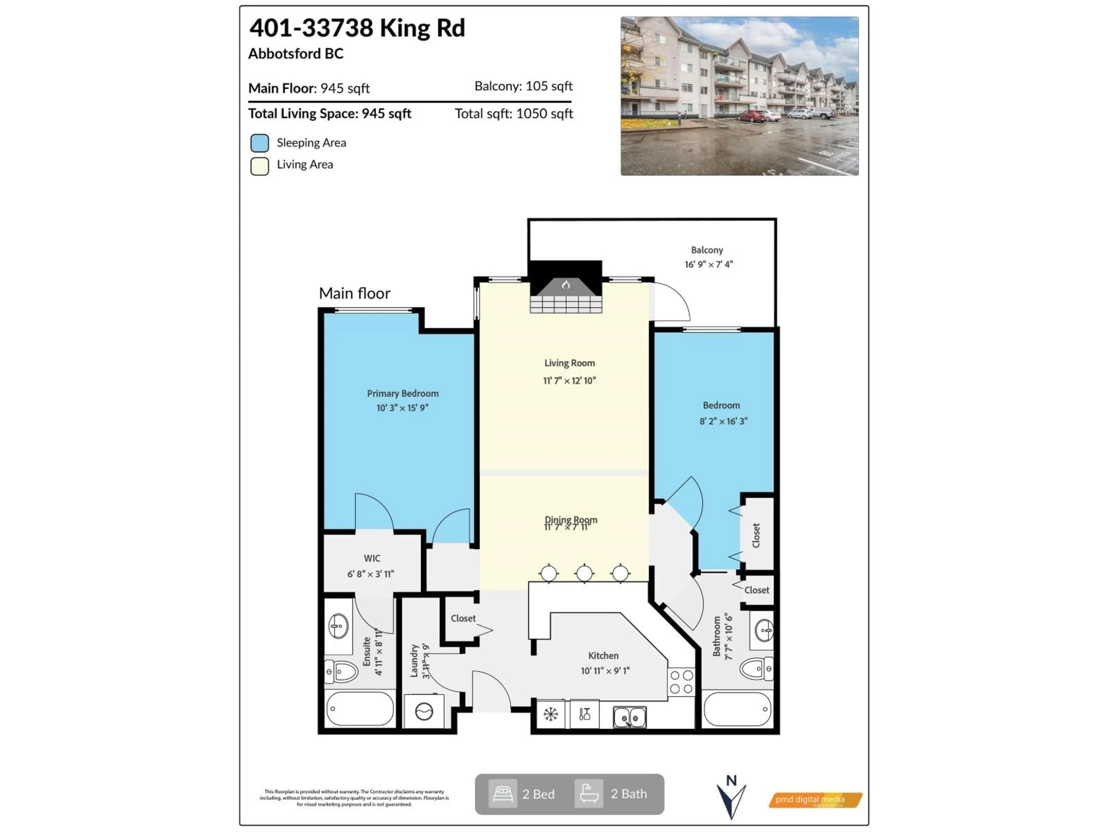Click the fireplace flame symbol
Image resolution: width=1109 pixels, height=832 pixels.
tap(565, 285)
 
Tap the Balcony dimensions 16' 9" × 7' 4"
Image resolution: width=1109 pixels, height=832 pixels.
tap(708, 264)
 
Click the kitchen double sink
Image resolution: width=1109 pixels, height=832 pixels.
tap(630, 717)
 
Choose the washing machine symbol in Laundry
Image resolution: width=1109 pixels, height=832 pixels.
tap(424, 712)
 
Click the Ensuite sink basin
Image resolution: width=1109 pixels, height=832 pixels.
tap(338, 626)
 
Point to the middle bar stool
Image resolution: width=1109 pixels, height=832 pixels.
tap(585, 573)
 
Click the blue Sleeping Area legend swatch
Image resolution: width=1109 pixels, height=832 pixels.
tap(260, 143)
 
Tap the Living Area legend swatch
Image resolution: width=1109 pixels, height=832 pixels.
tap(260, 166)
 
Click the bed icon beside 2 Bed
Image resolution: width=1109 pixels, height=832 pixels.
tap(503, 794)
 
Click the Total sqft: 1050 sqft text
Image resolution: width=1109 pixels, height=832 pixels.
tap(513, 114)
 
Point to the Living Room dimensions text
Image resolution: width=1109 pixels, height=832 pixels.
tap(570, 381)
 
